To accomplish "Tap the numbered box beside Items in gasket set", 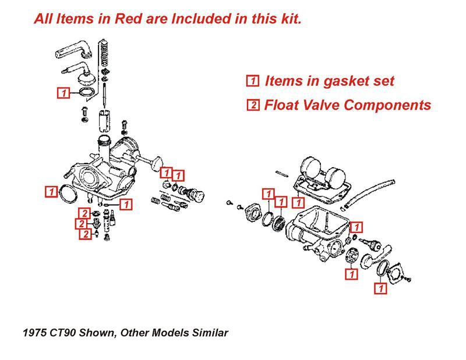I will tap(253, 81).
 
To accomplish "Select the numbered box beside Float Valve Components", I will tap(253, 105).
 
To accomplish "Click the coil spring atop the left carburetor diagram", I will tap(104, 55).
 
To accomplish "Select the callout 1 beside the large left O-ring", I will tap(51, 190).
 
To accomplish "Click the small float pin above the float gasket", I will tap(284, 172).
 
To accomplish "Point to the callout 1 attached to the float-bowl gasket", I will tap(299, 203).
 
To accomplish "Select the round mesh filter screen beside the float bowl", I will tap(280, 222).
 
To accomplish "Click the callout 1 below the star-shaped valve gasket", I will tap(352, 273).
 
